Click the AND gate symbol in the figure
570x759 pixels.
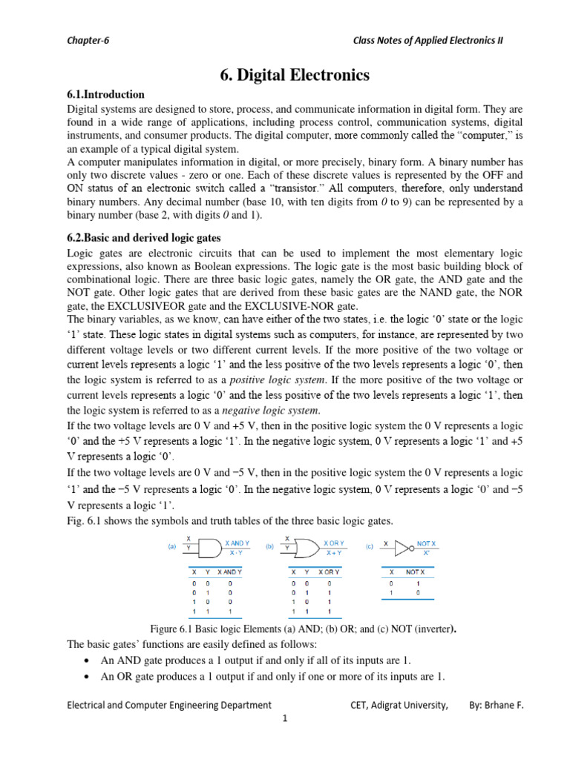click(210, 548)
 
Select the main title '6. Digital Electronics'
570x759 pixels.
click(284, 75)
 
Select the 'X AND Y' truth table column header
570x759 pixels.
click(230, 572)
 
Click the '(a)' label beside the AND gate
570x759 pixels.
click(172, 547)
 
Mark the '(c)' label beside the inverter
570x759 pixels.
click(369, 547)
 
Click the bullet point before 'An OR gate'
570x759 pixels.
click(89, 677)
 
